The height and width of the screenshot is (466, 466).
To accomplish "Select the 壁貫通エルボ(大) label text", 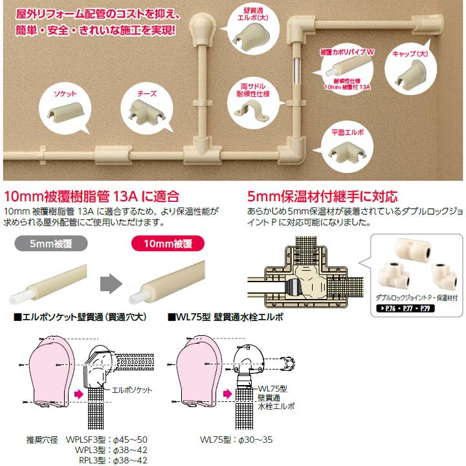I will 244,14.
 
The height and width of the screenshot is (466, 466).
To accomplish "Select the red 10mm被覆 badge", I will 164,244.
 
